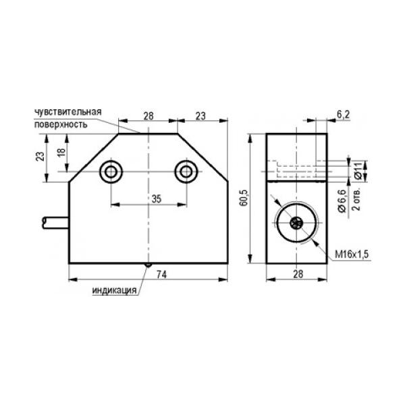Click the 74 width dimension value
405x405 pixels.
pos(162,274)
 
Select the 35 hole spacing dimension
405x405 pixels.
pos(157,199)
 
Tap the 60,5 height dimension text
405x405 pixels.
pos(244,198)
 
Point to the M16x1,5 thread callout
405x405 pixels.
pos(352,254)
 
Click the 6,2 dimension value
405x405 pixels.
pos(344,115)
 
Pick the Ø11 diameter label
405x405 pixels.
pos(358,171)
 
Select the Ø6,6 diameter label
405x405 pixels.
pos(342,200)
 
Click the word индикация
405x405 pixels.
pos(114,290)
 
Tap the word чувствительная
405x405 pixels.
pos(68,112)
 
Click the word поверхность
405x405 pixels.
pos(61,124)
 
